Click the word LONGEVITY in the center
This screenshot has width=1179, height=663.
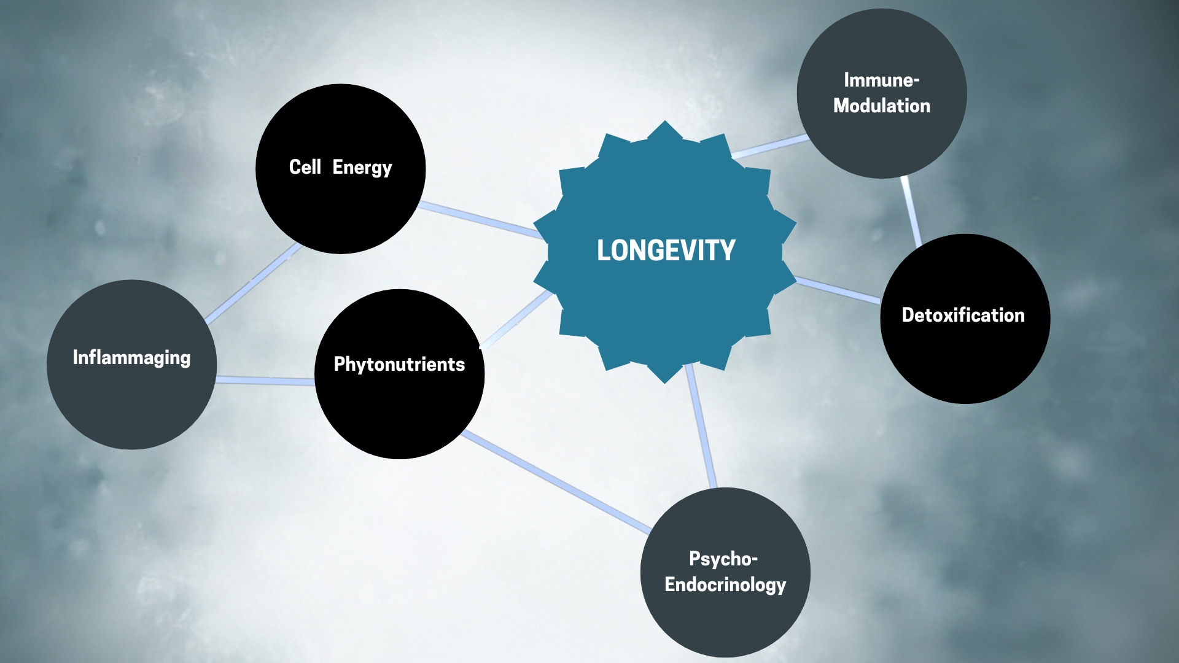point(666,250)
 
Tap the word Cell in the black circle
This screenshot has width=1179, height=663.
point(305,167)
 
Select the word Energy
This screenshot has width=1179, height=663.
point(362,168)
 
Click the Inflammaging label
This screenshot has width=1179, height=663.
point(131,357)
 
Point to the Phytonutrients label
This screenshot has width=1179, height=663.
point(399,364)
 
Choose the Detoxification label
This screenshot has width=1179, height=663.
point(963,315)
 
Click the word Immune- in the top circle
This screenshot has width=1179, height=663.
point(881,80)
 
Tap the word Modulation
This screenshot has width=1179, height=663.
point(882,106)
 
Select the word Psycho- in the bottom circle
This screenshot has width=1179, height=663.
point(723,559)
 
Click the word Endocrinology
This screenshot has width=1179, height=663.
point(725,584)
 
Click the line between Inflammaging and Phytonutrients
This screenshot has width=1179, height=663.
point(265,381)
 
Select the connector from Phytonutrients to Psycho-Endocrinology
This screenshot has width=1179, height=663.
point(556,481)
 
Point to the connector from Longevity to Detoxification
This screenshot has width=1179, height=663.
point(838,290)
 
